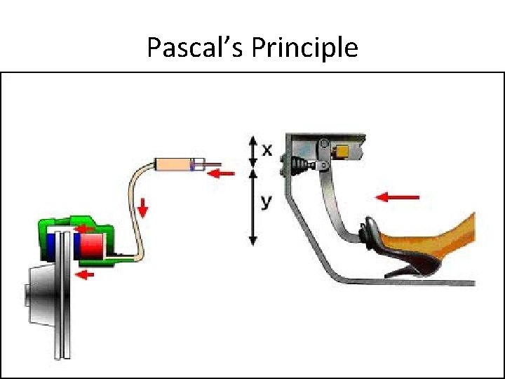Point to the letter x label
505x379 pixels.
pos(267,149)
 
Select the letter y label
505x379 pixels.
pos(266,201)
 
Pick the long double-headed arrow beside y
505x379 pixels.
pos(253,207)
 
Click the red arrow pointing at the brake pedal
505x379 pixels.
pos(397,197)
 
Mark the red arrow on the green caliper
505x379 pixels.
pos(85,227)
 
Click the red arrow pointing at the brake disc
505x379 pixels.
pos(84,274)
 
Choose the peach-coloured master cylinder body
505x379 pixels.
pos(175,166)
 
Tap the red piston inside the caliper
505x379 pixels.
pos(90,246)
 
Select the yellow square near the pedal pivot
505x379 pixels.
pos(343,152)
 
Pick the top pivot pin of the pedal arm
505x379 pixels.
pos(324,146)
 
